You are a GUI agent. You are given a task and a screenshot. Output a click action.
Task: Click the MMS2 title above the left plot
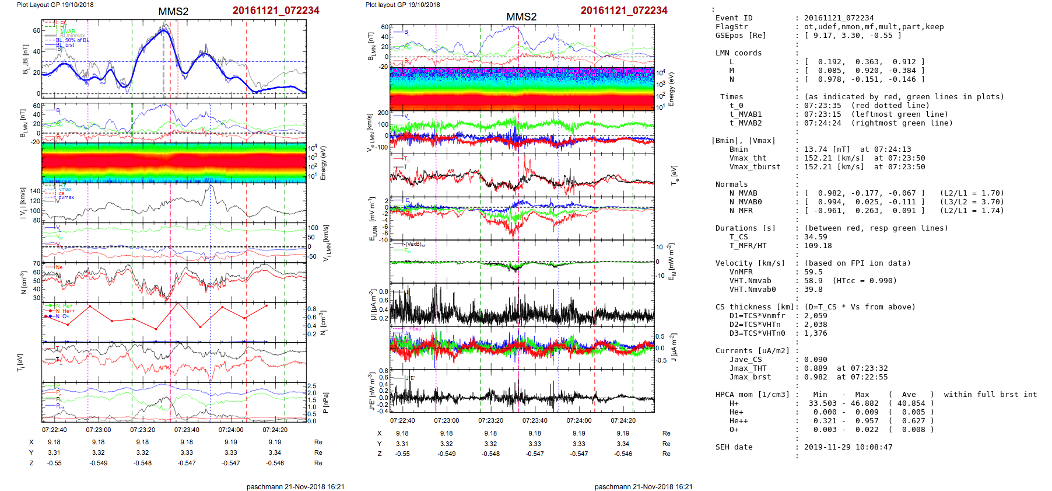(x=173, y=12)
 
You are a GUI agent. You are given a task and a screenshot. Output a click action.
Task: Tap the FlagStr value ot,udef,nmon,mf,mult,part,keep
(x=874, y=27)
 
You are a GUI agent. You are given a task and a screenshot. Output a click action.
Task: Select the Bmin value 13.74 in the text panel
(x=816, y=149)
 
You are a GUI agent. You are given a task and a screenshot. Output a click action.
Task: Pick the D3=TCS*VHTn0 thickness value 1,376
(x=815, y=333)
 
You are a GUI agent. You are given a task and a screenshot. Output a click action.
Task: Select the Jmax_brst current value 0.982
(x=815, y=377)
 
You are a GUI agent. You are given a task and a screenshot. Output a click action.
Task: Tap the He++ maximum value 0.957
(x=862, y=421)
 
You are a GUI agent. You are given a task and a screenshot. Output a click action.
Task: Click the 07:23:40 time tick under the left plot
(x=187, y=430)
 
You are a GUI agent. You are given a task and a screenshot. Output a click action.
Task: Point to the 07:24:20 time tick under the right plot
(x=623, y=420)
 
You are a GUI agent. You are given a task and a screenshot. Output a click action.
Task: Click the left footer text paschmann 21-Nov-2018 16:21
(x=295, y=486)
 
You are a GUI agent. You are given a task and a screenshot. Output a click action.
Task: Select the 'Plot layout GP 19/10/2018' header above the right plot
(x=402, y=5)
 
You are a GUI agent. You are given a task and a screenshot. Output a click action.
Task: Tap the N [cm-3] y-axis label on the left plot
(x=23, y=283)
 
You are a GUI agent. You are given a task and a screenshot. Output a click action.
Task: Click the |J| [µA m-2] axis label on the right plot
(x=371, y=305)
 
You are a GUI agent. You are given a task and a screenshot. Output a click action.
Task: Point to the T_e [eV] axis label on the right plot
(x=674, y=175)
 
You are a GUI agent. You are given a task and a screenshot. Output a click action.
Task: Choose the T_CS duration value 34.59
(x=815, y=237)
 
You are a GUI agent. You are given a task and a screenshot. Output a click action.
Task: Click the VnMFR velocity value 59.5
(x=813, y=272)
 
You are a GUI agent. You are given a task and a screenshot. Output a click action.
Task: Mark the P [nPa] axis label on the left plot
(x=325, y=403)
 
